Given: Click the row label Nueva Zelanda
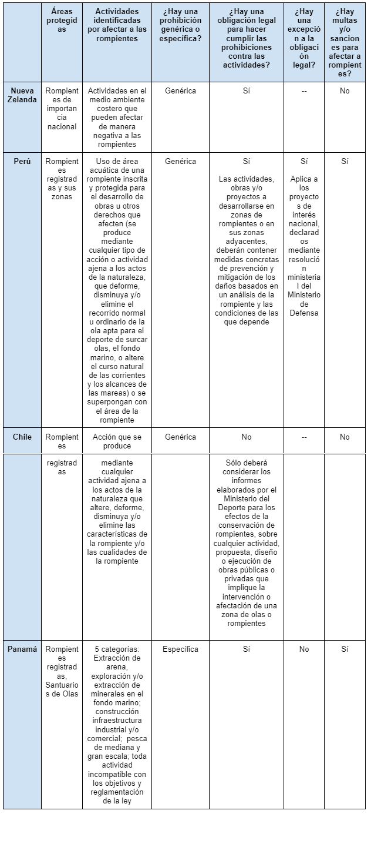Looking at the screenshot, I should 22,95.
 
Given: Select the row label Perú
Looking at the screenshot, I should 22,161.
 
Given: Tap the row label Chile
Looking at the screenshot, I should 22,437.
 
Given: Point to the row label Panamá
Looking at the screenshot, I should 22,649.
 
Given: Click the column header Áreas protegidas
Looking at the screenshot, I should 62,21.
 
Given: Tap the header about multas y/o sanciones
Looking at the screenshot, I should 345,42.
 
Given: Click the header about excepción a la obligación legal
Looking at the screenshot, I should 304,38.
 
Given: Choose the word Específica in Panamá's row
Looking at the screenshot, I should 180,649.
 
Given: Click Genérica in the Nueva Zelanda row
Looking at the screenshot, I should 180,91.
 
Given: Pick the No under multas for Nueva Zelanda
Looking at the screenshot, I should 345,91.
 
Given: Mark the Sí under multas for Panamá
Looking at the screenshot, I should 345,649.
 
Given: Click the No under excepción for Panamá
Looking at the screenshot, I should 304,649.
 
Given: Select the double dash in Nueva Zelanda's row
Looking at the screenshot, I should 304,91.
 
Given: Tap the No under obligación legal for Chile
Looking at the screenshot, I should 247,437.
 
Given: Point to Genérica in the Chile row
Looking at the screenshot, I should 180,437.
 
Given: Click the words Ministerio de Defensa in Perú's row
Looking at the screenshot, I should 304,303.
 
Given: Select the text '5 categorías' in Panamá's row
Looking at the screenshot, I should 117,649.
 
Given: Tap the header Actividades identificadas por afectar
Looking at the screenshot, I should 117,25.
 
